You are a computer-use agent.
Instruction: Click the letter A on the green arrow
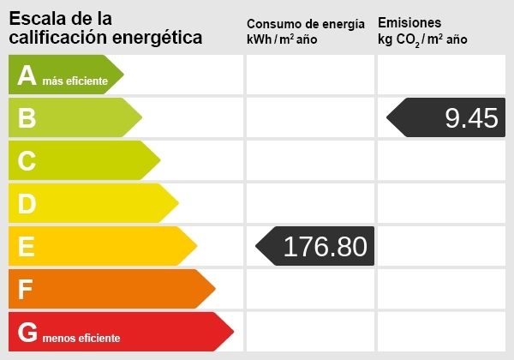pos(27,75)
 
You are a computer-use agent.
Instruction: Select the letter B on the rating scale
pos(27,118)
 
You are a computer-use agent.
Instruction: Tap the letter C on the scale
pos(27,161)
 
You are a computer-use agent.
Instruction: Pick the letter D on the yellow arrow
pos(27,204)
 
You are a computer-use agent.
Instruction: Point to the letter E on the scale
pos(26,247)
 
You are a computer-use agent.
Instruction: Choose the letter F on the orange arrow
pos(26,290)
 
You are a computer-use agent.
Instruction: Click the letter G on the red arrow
pos(27,333)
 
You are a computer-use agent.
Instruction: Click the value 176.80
pos(325,247)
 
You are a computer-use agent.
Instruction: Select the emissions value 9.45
pos(471,118)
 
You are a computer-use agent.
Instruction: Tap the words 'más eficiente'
pos(75,81)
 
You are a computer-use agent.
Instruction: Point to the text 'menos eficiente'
pos(81,339)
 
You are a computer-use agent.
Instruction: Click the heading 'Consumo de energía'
pos(305,23)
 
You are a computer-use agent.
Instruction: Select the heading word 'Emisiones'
pos(409,22)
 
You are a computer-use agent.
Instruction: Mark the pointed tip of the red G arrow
pos(234,333)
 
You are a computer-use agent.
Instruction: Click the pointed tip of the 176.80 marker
pos(256,247)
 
